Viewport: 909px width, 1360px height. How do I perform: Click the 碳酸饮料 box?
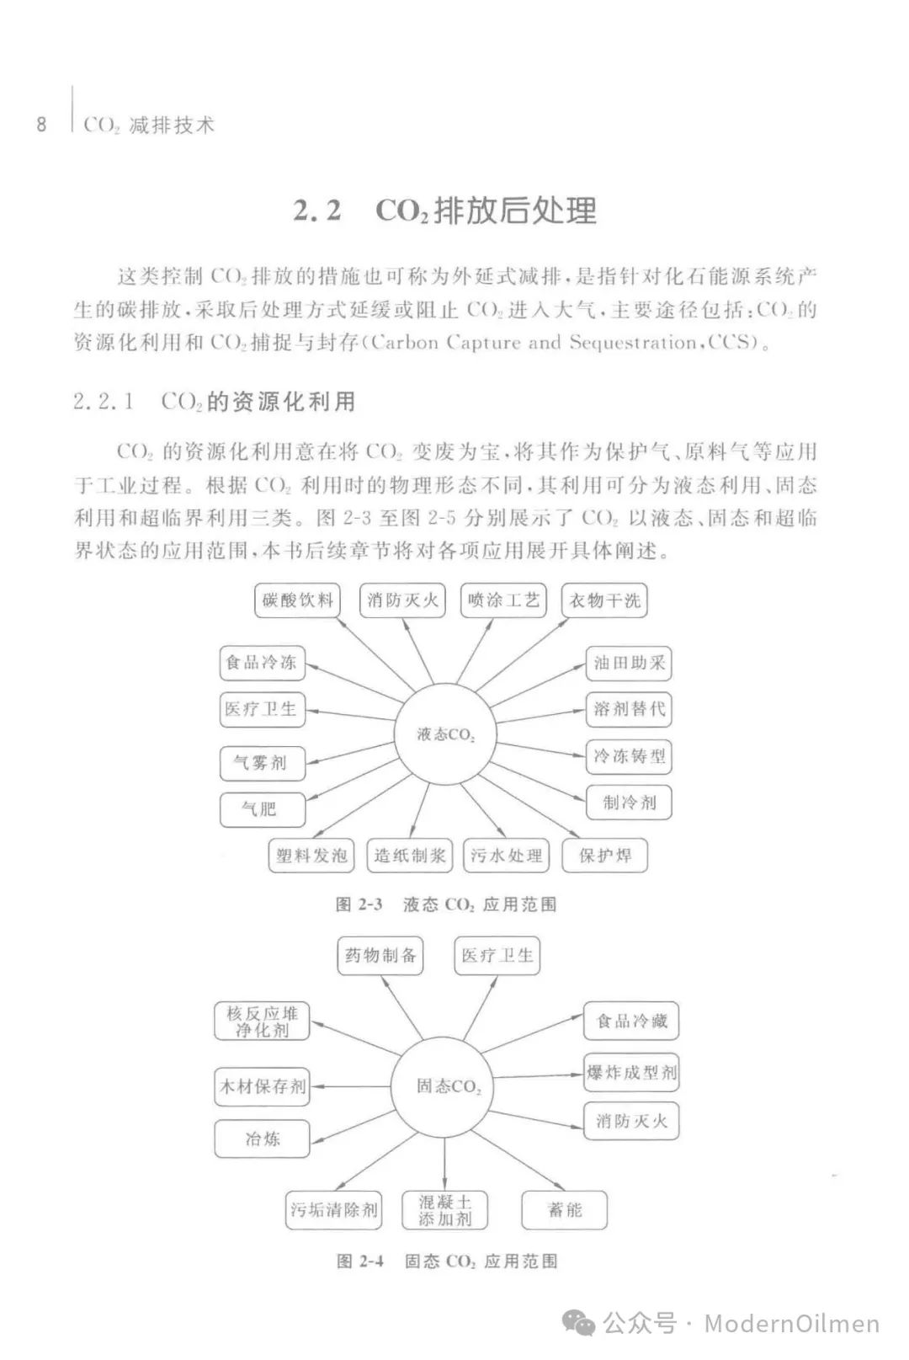[x=297, y=600]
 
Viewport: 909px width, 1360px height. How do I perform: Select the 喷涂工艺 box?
[x=503, y=600]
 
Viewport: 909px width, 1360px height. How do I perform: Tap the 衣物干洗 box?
[x=604, y=600]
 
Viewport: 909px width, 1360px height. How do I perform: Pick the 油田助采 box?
[x=629, y=663]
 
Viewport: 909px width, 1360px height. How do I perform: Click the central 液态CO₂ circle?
[x=445, y=734]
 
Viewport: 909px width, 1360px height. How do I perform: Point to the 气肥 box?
[x=261, y=809]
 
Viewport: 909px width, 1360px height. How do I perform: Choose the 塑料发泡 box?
[x=311, y=856]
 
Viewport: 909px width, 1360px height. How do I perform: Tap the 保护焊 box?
[x=604, y=856]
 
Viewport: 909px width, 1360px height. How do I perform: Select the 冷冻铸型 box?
[x=629, y=756]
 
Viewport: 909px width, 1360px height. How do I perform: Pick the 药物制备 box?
[x=380, y=956]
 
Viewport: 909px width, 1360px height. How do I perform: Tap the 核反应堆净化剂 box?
[x=262, y=1021]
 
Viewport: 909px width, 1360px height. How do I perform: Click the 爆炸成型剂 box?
[x=631, y=1072]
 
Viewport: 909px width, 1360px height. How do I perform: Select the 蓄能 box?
[x=564, y=1210]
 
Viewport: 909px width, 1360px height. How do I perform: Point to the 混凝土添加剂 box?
[x=445, y=1210]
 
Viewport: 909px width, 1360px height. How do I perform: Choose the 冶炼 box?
[x=262, y=1139]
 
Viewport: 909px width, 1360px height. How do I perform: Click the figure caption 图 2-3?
[x=359, y=904]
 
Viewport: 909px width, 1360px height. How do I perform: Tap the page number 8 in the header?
[x=41, y=125]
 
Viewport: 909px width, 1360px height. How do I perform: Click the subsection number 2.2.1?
[x=104, y=402]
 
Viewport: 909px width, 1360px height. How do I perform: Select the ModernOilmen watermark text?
[x=791, y=1324]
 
